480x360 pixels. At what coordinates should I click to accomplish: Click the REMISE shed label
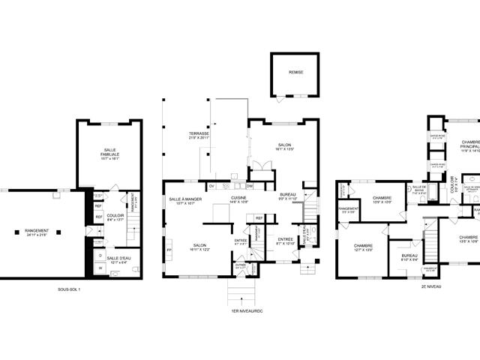[x=296, y=72]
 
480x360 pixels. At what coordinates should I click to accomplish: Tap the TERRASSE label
[x=199, y=133]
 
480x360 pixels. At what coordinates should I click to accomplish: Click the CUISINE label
[x=239, y=198]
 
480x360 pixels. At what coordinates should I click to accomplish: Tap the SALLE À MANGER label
[x=181, y=199]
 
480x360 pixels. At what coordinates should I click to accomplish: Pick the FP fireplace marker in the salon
[x=169, y=250]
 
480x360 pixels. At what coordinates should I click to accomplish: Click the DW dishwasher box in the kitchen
[x=250, y=186]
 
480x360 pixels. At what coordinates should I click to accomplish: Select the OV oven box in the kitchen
[x=211, y=186]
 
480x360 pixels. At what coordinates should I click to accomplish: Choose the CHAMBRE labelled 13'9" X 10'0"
[x=382, y=199]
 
